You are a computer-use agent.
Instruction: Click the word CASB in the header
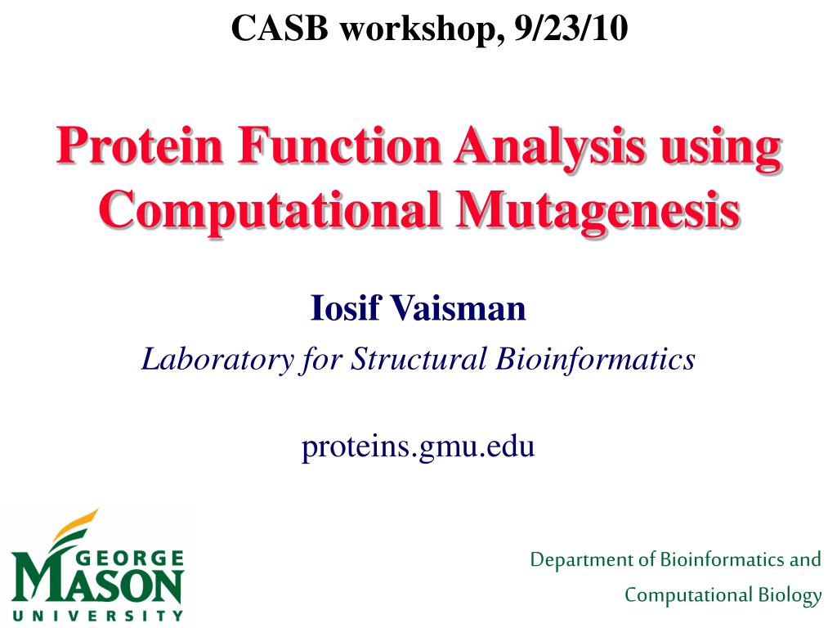click(x=280, y=28)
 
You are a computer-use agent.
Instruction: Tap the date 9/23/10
click(x=571, y=28)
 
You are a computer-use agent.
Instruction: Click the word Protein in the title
click(x=139, y=146)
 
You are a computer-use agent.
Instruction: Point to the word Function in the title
click(x=339, y=146)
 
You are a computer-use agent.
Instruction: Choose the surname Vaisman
click(x=459, y=308)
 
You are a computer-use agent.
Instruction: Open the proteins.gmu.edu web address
click(x=418, y=446)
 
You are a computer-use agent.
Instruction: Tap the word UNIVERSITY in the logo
click(x=98, y=616)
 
